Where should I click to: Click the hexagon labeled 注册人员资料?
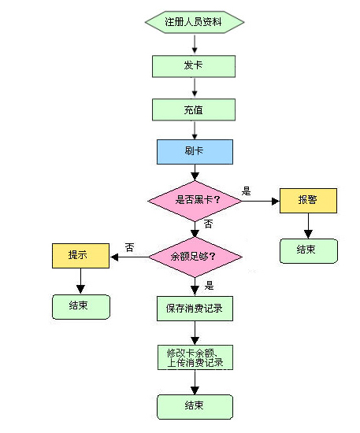click(x=195, y=22)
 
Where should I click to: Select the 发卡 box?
click(x=194, y=66)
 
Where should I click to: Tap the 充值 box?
click(x=194, y=109)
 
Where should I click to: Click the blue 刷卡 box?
click(x=195, y=152)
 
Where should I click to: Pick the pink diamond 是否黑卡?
click(x=195, y=201)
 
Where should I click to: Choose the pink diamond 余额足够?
click(x=195, y=257)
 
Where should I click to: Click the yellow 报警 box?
click(x=308, y=201)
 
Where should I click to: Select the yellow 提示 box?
click(x=80, y=256)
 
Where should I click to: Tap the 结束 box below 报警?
click(x=309, y=251)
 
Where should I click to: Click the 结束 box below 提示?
click(x=81, y=307)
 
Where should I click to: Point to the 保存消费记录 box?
click(x=195, y=309)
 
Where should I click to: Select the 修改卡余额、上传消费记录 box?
click(x=195, y=357)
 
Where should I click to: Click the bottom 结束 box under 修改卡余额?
click(x=195, y=407)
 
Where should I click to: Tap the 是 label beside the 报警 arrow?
click(x=246, y=191)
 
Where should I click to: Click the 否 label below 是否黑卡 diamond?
click(x=208, y=224)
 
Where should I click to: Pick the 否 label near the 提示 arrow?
click(x=129, y=247)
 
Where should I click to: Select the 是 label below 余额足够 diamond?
click(x=210, y=285)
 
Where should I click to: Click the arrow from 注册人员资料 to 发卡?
click(x=195, y=43)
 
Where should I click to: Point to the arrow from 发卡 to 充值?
click(x=195, y=87)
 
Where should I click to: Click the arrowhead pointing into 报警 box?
click(x=276, y=201)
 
